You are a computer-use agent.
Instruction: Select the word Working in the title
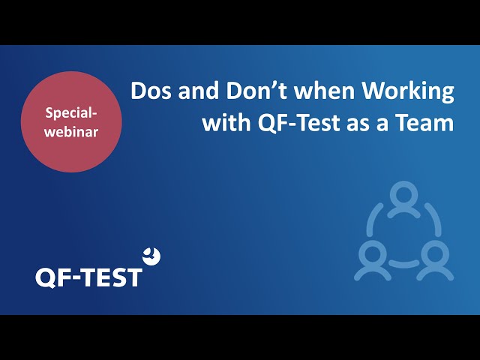(408, 92)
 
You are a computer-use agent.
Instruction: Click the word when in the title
(325, 91)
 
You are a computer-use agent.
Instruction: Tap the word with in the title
(226, 122)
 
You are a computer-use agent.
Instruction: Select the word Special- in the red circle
(71, 113)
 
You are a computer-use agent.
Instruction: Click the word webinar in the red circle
(71, 132)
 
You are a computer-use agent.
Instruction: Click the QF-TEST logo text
(88, 277)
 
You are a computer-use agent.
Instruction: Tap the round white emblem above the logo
(151, 256)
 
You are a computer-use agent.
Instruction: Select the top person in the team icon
(403, 199)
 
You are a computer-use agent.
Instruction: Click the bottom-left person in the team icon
(373, 260)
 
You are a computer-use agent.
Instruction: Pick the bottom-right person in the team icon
(435, 260)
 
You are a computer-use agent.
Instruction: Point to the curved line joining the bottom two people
(403, 263)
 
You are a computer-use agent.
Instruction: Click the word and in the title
(199, 91)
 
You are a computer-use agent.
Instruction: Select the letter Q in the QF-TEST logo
(46, 278)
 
